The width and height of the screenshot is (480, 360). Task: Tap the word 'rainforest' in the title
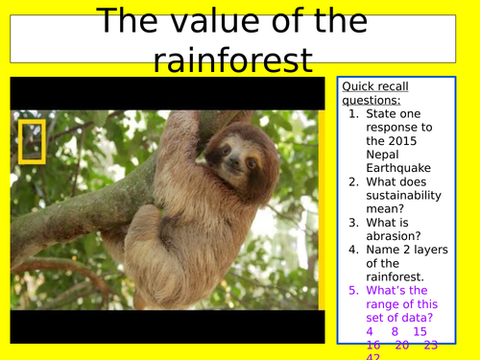[x=232, y=60]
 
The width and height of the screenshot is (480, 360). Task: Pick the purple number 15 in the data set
[x=420, y=331]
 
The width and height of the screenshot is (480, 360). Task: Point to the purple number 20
[x=401, y=345]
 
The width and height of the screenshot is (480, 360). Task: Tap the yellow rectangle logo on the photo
[x=32, y=139]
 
